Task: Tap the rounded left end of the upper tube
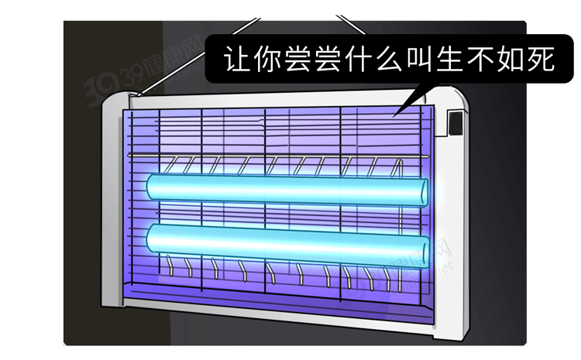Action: click(152, 187)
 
